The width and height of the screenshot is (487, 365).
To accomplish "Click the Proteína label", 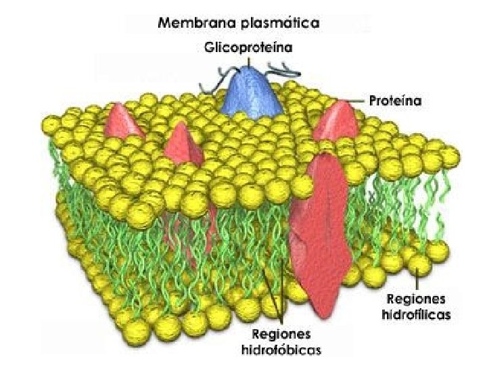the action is point(396,102).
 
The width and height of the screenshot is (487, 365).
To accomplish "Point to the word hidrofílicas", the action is point(416,314).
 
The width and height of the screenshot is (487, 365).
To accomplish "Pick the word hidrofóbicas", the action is point(281,349).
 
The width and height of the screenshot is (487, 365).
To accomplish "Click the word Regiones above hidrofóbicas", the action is point(281,335).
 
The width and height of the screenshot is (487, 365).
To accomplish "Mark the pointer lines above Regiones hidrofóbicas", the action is point(274,301).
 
